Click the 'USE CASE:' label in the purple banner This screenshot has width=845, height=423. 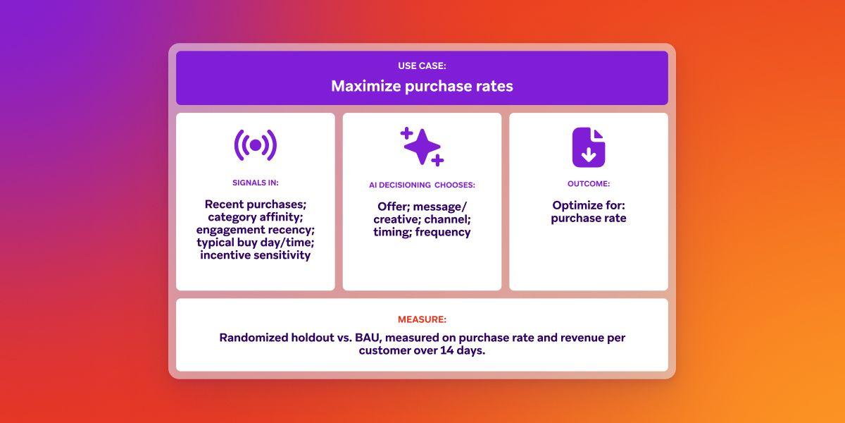(422, 66)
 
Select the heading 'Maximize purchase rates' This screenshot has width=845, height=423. (422, 86)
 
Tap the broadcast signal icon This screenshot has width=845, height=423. (255, 145)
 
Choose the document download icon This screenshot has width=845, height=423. (588, 147)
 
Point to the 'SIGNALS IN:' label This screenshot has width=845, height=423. (255, 183)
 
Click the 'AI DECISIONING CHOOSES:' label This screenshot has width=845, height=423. (422, 185)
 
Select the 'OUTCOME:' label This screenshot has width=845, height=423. (588, 183)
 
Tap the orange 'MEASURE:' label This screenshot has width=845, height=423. (422, 319)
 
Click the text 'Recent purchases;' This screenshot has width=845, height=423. (255, 204)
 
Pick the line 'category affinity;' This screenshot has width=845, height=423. (255, 217)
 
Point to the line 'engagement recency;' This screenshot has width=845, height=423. (255, 230)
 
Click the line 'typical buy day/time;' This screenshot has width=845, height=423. (255, 243)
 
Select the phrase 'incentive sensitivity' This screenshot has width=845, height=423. (255, 255)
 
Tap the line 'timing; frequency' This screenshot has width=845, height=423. (422, 232)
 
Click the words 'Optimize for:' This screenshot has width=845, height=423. (588, 205)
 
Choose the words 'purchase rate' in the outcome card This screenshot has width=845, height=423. (588, 219)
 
